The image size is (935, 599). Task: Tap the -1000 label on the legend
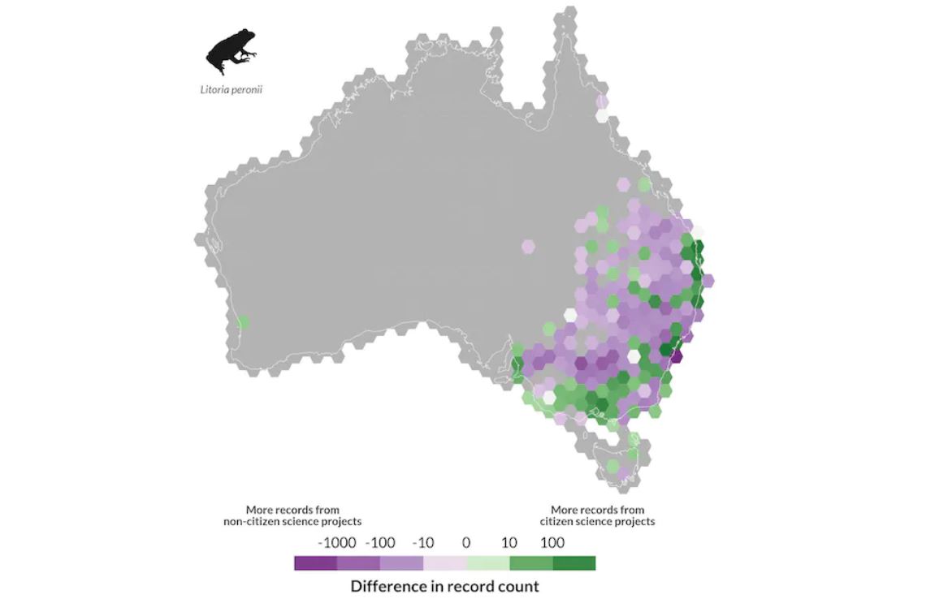point(336,543)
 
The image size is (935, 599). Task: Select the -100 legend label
point(380,543)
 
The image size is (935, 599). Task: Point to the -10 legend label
point(423,543)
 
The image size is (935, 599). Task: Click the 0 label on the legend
point(466,543)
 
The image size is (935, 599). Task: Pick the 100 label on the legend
point(552,543)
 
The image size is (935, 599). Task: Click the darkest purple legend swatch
point(315,563)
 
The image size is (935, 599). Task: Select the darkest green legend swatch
point(574,563)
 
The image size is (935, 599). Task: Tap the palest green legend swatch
point(487,563)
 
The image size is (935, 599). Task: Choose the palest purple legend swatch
point(444,563)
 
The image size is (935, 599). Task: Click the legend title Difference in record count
point(444,586)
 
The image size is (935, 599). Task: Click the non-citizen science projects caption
point(292,515)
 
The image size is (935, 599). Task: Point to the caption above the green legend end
point(597,515)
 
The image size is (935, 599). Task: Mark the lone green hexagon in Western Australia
point(242,323)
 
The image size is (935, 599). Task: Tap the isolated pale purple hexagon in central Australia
point(528,246)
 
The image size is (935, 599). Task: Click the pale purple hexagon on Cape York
point(602,101)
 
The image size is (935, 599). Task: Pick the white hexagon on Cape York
point(602,115)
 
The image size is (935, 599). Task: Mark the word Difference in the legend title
point(386,586)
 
